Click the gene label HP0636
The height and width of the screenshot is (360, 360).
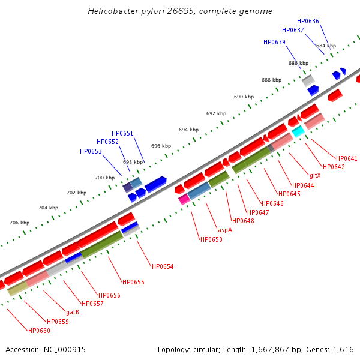[x=308, y=21]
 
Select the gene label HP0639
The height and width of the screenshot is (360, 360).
[x=274, y=42]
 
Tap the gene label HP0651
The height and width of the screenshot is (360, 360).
[x=122, y=133]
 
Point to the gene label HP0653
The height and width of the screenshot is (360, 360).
[x=91, y=151]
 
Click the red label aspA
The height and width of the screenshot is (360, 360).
[x=225, y=230]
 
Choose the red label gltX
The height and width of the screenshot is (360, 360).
[x=315, y=175]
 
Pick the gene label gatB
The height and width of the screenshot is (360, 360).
[x=73, y=312]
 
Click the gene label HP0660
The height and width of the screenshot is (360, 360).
[x=39, y=331]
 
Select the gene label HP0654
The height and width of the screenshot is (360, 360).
[x=163, y=266]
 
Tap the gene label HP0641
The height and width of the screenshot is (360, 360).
[x=347, y=158]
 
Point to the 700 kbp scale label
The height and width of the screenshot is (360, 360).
[x=104, y=178]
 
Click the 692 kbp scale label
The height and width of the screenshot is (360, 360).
[x=216, y=113]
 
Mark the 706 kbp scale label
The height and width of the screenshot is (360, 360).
[x=20, y=223]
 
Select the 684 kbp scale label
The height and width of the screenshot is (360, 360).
[x=326, y=46]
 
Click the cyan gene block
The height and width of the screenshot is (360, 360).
[x=298, y=131]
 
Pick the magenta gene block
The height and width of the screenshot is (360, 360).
[x=184, y=199]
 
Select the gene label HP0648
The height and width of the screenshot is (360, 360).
[x=243, y=221]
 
